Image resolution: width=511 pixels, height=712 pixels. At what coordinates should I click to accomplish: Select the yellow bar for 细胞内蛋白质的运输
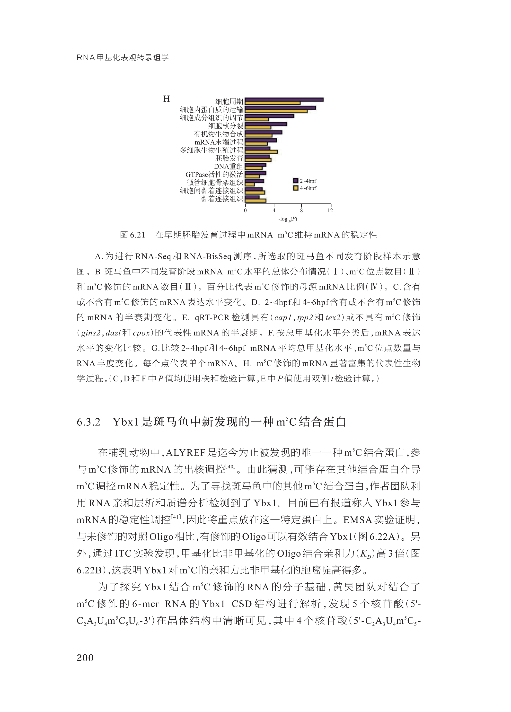tap(276, 111)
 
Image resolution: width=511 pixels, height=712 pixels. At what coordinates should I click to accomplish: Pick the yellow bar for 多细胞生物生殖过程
tap(261, 152)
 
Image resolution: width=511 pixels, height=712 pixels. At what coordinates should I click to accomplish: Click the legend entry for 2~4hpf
tap(304, 181)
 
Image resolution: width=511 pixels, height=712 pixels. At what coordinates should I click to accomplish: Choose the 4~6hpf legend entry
tap(304, 188)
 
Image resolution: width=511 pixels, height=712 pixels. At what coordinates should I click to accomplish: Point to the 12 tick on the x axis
tap(330, 210)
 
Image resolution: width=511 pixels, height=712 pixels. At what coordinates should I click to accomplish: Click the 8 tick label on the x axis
tap(301, 210)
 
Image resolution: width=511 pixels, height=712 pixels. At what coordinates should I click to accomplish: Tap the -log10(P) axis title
tap(288, 219)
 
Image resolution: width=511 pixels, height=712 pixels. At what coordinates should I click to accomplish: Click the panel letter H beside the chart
tap(166, 99)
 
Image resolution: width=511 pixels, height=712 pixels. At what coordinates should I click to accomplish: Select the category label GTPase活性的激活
tap(214, 174)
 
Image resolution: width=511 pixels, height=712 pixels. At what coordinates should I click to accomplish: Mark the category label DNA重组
tap(228, 166)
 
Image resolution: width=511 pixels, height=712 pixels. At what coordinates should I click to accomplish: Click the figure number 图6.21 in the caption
tap(132, 235)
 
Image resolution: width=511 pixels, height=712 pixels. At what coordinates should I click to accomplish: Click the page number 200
tap(85, 658)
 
